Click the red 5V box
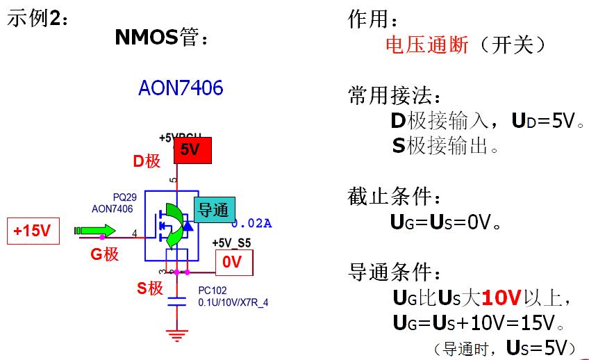pos(192,150)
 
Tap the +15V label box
pos(33,231)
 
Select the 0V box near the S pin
pos(234,262)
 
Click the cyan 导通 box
pos(214,210)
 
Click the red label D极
pos(147,161)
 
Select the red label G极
pos(105,254)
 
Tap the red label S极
pos(150,288)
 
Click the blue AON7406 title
pos(181,89)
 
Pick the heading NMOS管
pos(160,38)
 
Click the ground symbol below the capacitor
pos(177,336)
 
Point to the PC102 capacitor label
pos(213,291)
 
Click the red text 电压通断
pos(427,46)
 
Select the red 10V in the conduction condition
pos(501,299)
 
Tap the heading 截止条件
pos(395,197)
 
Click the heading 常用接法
pos(395,96)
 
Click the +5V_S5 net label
pos(231,243)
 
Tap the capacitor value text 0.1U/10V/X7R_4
pos(233,302)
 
